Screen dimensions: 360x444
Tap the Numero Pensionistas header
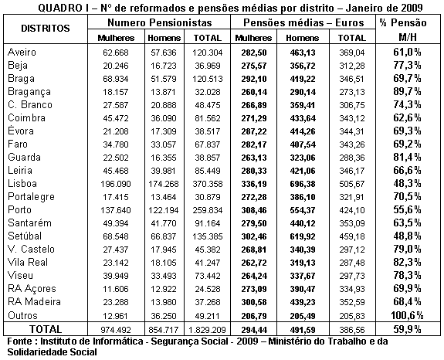(154, 22)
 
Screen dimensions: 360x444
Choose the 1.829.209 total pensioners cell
(206, 329)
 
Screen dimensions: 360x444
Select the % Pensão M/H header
(409, 28)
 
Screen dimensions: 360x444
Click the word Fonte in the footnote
(19, 341)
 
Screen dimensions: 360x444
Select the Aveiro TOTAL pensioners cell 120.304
(207, 51)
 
